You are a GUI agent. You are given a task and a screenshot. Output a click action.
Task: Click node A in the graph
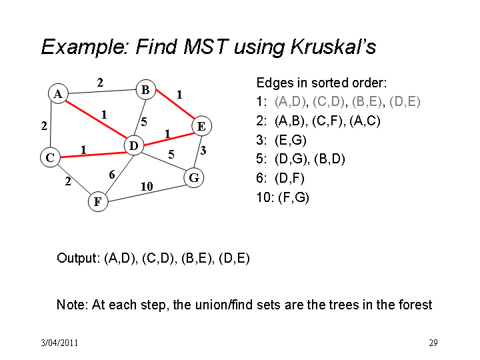pyautogui.click(x=58, y=94)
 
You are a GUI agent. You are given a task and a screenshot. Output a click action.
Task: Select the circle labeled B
pyautogui.click(x=146, y=90)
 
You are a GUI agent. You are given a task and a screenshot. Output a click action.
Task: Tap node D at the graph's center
pyautogui.click(x=134, y=145)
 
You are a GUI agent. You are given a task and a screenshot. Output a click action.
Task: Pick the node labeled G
pyautogui.click(x=194, y=177)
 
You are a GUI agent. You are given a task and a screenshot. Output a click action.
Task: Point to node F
pyautogui.click(x=98, y=201)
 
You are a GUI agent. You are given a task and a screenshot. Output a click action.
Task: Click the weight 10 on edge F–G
pyautogui.click(x=147, y=187)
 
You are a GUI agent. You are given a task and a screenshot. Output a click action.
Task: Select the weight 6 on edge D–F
pyautogui.click(x=112, y=175)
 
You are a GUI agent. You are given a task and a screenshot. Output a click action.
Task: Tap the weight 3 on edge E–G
pyautogui.click(x=203, y=150)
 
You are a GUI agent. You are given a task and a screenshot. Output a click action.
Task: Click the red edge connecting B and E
pyautogui.click(x=175, y=104)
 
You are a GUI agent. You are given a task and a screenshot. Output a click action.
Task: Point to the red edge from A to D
pyautogui.click(x=96, y=120)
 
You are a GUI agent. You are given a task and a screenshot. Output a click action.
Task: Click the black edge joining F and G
pyautogui.click(x=146, y=193)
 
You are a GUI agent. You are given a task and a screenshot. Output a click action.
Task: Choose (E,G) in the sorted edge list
pyautogui.click(x=291, y=140)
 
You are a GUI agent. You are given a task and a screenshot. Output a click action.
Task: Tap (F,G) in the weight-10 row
pyautogui.click(x=293, y=197)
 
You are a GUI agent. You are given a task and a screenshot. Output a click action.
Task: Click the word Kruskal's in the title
pyautogui.click(x=333, y=47)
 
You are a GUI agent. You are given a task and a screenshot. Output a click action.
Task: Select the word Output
pyautogui.click(x=78, y=258)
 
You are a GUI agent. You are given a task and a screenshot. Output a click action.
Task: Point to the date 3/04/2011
pyautogui.click(x=59, y=343)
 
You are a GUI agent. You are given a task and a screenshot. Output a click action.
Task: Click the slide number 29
pyautogui.click(x=433, y=343)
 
